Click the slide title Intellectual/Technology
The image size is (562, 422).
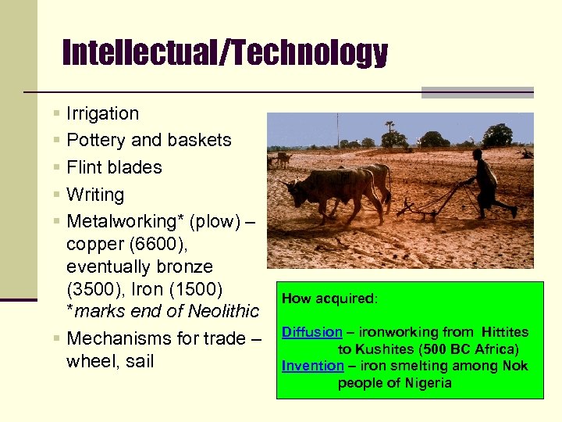[x=225, y=53]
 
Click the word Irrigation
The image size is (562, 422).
[x=102, y=113]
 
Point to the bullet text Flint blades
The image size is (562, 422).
[x=114, y=167]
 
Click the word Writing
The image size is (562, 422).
[x=95, y=195]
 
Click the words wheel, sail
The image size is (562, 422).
[x=110, y=361]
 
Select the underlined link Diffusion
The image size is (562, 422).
[x=311, y=332]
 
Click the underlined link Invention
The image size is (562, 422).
[x=312, y=366]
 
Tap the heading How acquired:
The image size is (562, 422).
[x=329, y=299]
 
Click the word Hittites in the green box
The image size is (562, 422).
[x=505, y=332]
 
